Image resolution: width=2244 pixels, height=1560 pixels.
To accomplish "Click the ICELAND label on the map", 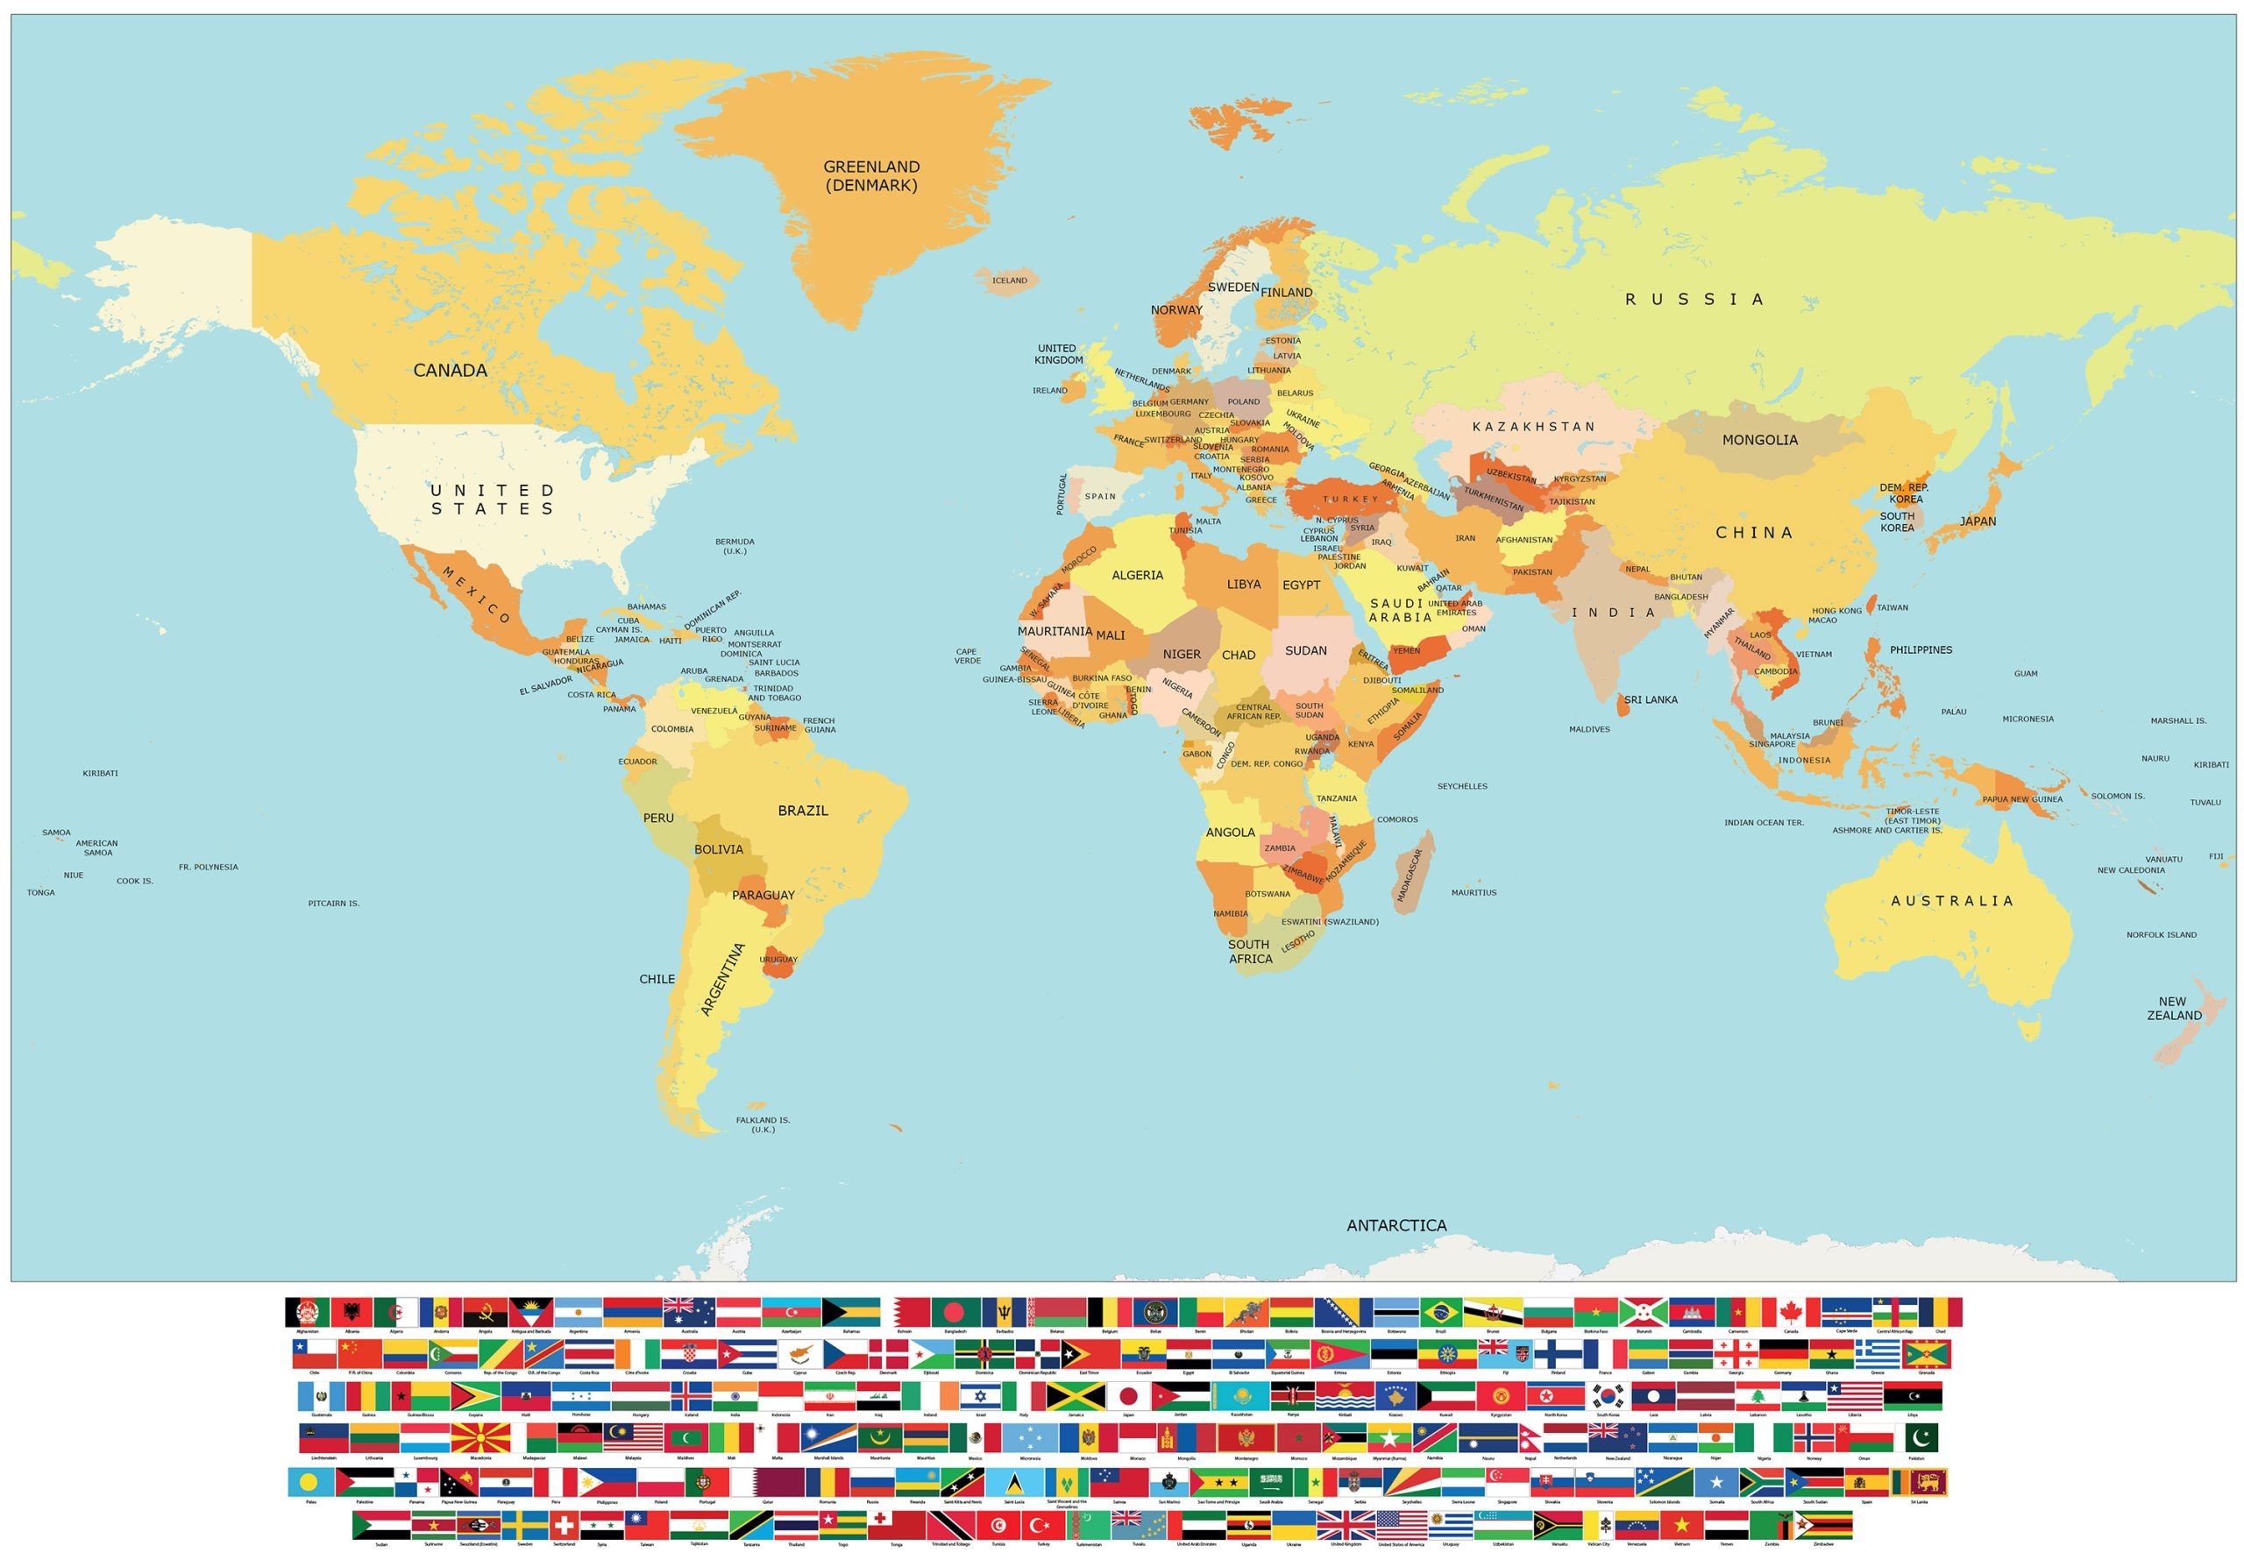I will [x=1010, y=280].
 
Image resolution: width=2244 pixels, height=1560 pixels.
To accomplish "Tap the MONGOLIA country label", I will [x=1759, y=440].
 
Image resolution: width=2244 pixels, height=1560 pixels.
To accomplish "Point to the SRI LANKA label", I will [x=1650, y=700].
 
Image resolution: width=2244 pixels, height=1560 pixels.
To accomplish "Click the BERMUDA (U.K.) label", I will [x=734, y=546].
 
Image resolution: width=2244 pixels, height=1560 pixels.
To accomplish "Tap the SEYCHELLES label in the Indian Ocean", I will [x=1461, y=786].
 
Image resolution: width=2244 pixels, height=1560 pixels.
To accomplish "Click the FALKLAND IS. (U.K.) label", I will [x=763, y=1125].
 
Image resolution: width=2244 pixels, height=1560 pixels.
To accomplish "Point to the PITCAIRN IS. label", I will [x=333, y=904].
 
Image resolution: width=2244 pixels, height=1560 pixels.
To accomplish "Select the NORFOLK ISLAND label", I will [x=2161, y=934].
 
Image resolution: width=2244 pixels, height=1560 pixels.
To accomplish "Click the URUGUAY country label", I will [x=778, y=959].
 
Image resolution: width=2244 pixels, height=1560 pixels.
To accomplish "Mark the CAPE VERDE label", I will [x=967, y=656].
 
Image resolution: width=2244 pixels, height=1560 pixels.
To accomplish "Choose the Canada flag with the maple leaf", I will [x=1791, y=1312].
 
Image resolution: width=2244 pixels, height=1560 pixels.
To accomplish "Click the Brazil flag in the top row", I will [x=1439, y=1312].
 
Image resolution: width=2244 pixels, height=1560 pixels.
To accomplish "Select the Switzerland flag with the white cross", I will [x=564, y=1525].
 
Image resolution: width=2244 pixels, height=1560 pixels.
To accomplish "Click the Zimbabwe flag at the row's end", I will [x=1822, y=1525].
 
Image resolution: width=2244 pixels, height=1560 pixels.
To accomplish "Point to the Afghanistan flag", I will [x=307, y=1312].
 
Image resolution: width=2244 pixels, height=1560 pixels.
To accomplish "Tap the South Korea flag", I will [x=1608, y=1396].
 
